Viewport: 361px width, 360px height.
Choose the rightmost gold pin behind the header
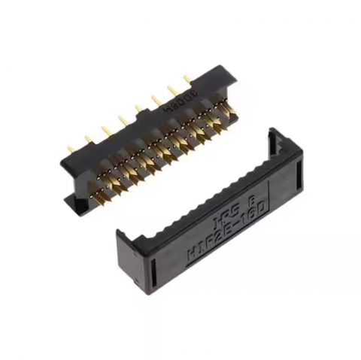pos(186,77)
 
